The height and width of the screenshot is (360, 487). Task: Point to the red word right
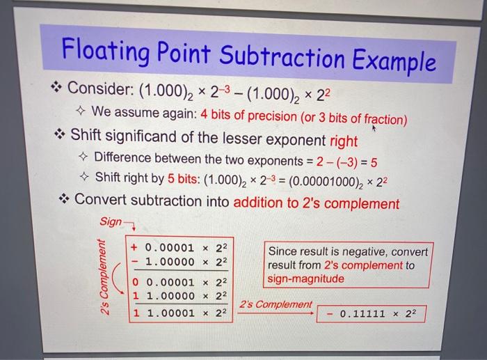coord(344,141)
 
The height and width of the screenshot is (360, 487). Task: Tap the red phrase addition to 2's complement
coord(317,203)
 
